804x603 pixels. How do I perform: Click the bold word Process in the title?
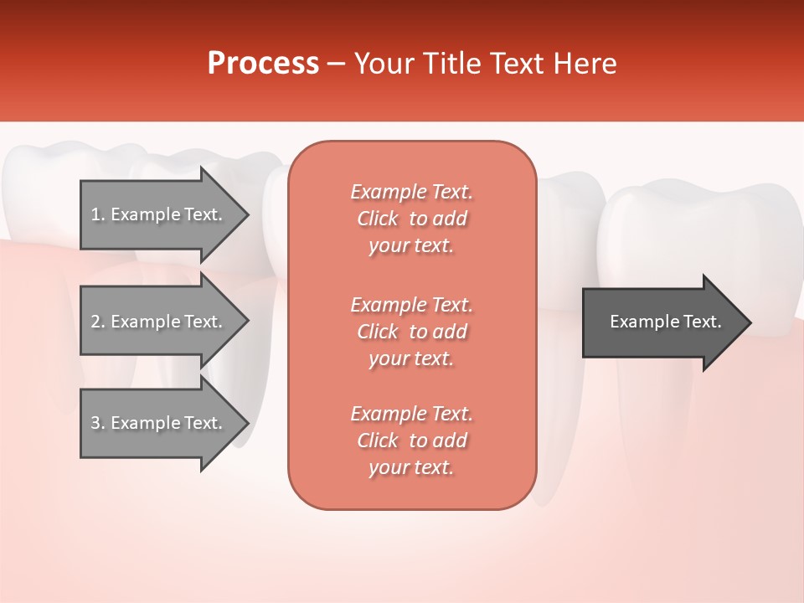[263, 64]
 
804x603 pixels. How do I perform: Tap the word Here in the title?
[586, 64]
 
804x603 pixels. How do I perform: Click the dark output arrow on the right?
[662, 322]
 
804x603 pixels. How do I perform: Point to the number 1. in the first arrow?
[98, 215]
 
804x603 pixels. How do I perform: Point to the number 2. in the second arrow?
[98, 322]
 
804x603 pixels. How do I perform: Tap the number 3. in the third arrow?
[98, 423]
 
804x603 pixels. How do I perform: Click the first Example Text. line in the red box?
[411, 192]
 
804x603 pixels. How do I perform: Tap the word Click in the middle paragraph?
[378, 332]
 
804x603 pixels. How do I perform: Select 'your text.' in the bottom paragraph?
[411, 467]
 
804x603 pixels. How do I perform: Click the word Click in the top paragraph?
[378, 219]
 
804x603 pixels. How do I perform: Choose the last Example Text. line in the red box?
[411, 414]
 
